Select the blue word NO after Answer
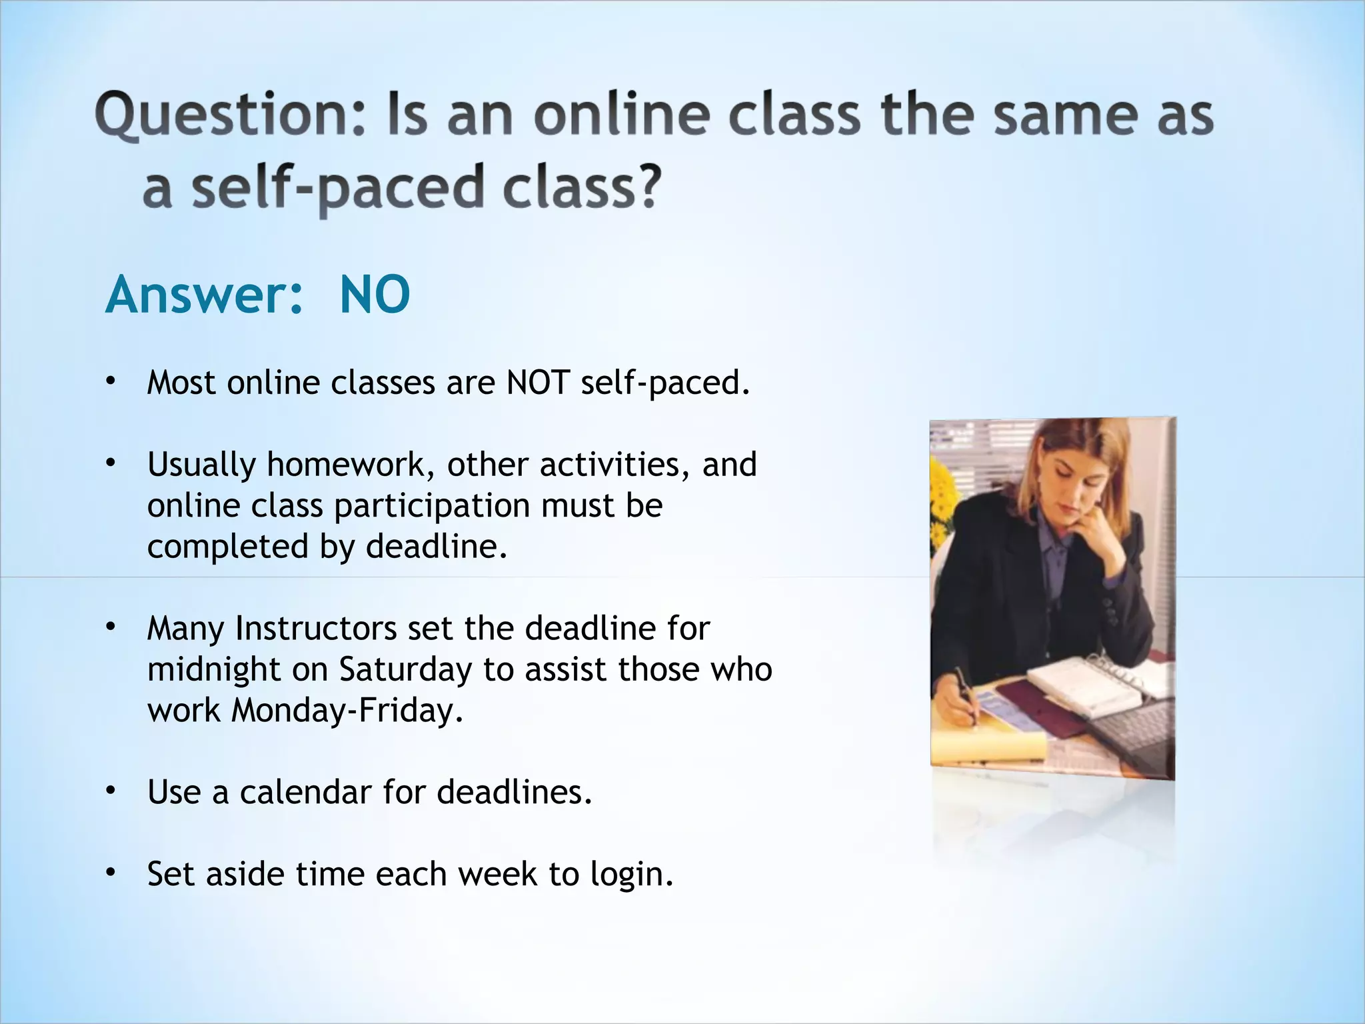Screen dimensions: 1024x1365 [375, 295]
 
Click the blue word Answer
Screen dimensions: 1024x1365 [204, 295]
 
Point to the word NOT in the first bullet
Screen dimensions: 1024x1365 [537, 383]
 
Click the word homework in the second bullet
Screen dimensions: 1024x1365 [349, 465]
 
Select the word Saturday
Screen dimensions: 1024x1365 [405, 669]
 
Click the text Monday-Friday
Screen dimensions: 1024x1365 [347, 711]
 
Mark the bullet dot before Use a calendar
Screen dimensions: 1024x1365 [111, 791]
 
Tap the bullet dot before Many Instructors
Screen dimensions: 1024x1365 [111, 627]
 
